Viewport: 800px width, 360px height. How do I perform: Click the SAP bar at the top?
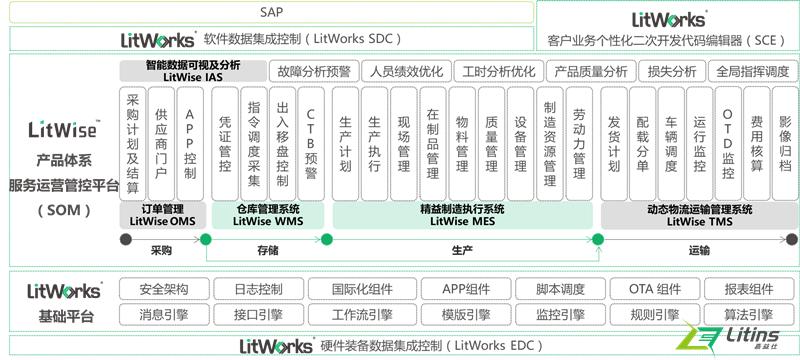pos(267,12)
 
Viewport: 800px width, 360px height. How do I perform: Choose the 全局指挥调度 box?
pos(753,72)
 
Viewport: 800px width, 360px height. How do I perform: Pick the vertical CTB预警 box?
pos(312,143)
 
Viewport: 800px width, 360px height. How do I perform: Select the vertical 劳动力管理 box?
pos(579,143)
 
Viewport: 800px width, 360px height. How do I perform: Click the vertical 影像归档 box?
pos(785,143)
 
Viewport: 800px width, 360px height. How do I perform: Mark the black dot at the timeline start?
pos(126,239)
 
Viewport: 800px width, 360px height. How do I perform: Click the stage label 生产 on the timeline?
pos(462,253)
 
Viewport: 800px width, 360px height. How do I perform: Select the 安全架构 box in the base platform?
pos(164,290)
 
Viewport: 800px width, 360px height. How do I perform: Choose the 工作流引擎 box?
pos(361,314)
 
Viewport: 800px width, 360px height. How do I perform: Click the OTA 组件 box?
pos(655,290)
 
